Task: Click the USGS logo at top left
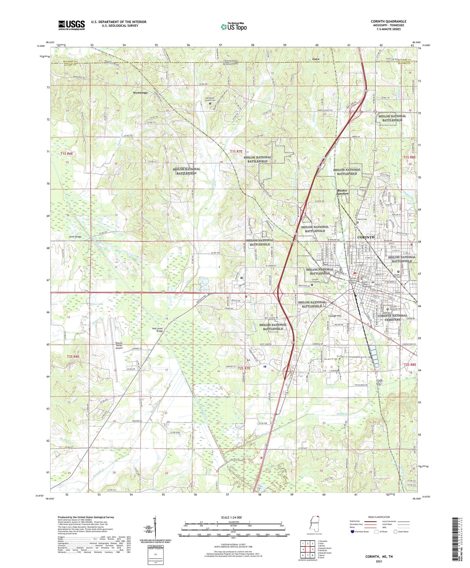(x=71, y=25)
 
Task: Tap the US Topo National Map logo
(x=234, y=26)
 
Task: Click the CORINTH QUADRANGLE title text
(x=388, y=21)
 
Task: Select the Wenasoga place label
(x=140, y=93)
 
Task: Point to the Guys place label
(x=316, y=59)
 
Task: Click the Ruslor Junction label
(x=342, y=192)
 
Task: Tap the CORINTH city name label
(x=366, y=237)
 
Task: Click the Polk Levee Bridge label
(x=157, y=330)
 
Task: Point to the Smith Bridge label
(x=75, y=237)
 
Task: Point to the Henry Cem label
(x=362, y=219)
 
